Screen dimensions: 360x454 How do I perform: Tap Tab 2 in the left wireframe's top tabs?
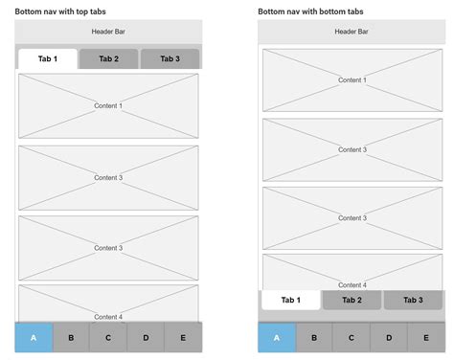pos(108,59)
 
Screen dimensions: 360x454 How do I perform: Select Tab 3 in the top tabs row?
pos(170,59)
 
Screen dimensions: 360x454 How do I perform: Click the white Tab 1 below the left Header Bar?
pos(48,59)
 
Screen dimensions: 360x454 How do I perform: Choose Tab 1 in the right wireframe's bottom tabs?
pos(290,300)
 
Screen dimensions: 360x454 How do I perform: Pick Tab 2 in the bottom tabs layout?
pos(352,300)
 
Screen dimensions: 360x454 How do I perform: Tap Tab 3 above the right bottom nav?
pos(413,300)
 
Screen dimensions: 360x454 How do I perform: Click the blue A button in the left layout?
pos(34,337)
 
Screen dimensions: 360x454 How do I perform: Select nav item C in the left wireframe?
pos(108,337)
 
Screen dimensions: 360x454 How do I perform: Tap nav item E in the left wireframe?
pos(183,337)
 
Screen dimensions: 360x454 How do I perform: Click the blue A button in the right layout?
pos(277,337)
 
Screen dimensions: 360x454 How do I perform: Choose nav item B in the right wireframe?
pos(313,337)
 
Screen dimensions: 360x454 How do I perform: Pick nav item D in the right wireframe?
pos(388,337)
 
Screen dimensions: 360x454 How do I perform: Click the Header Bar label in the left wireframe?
pos(108,32)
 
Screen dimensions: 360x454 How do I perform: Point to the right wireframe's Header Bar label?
pos(352,32)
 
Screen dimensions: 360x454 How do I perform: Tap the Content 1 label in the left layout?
pos(108,105)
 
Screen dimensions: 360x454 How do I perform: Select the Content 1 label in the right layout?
pos(352,80)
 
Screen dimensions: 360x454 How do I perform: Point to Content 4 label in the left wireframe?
pos(108,316)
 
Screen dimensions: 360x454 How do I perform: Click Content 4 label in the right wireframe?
pos(352,284)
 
